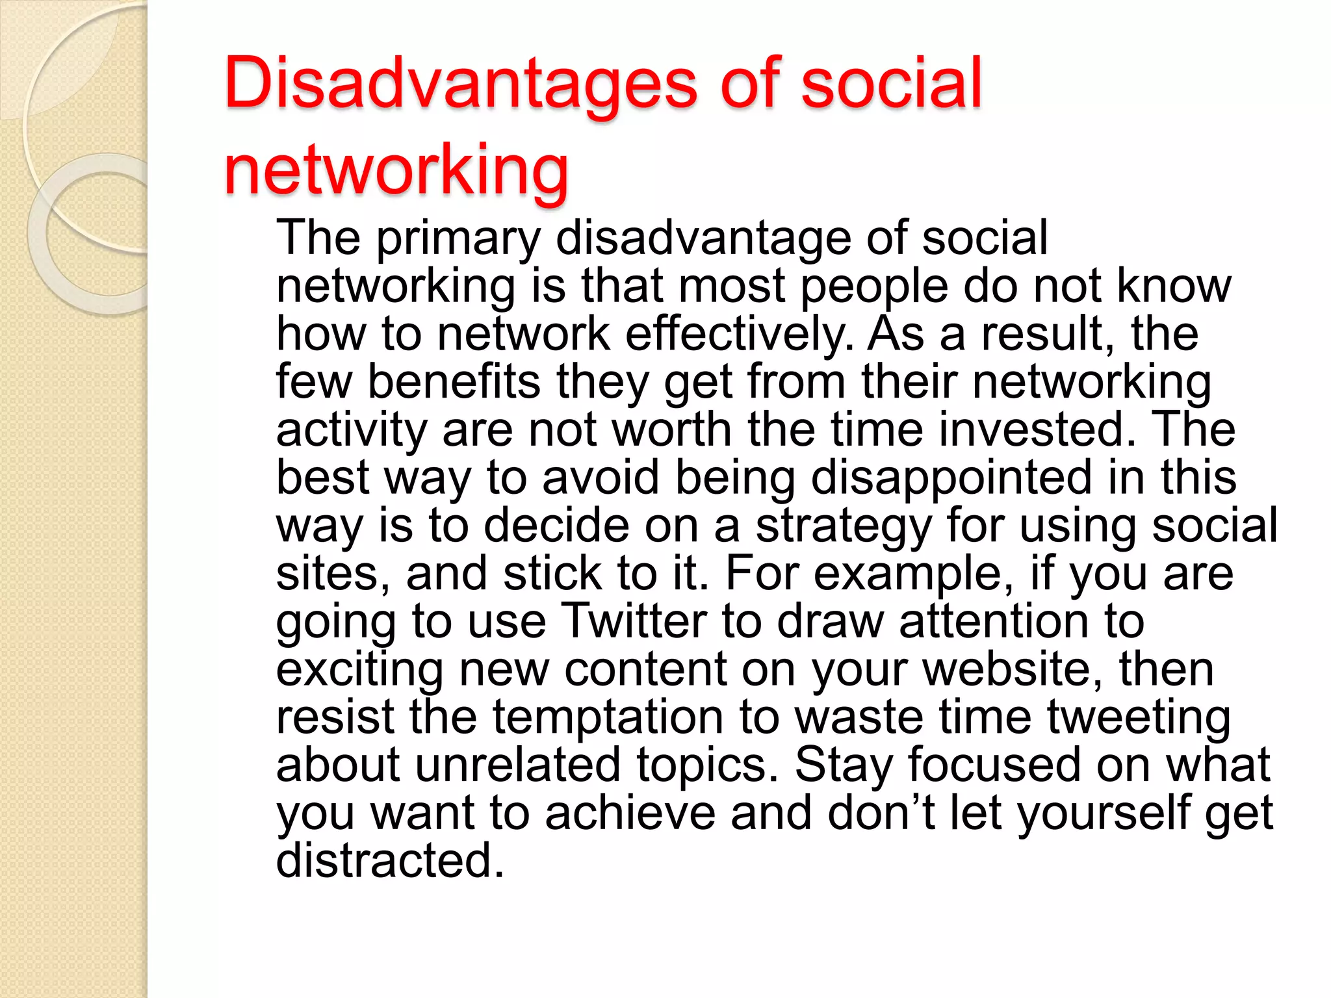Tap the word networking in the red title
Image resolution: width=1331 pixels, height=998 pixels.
[x=396, y=170]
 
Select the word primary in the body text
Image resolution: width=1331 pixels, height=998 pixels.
[x=458, y=239]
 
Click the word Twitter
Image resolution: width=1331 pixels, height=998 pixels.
[x=633, y=622]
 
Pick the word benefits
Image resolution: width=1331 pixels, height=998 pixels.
[x=454, y=382]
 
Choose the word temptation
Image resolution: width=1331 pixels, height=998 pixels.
[x=608, y=717]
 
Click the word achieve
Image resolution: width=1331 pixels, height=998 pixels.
[x=630, y=813]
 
